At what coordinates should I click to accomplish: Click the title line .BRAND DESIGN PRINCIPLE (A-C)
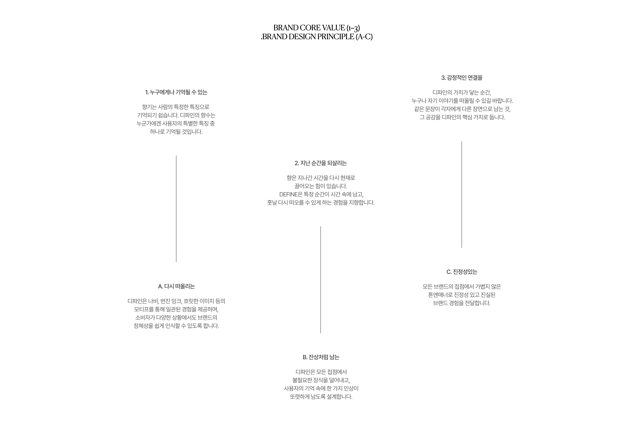click(x=316, y=37)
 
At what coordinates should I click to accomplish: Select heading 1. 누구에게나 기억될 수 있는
click(x=176, y=92)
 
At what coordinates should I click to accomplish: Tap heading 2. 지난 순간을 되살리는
click(x=320, y=163)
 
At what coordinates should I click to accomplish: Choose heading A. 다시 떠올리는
click(x=176, y=286)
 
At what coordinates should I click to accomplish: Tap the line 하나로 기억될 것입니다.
click(x=176, y=132)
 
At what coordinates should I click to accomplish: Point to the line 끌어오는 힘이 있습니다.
click(x=320, y=186)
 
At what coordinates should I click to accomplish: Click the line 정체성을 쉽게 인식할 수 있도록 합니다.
click(x=176, y=326)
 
